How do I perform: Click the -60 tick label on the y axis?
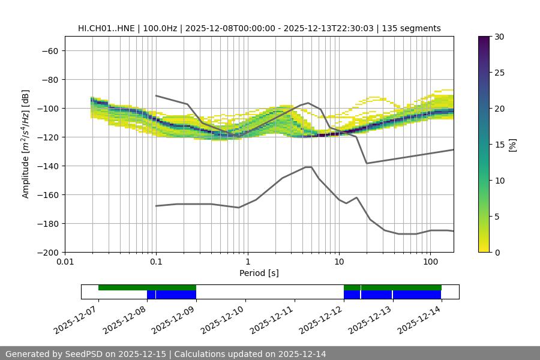pos(49,51)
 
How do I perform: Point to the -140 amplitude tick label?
pos(47,166)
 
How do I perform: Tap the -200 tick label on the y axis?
pos(47,253)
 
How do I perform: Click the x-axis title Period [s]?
pos(259,274)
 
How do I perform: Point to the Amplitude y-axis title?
pos(26,144)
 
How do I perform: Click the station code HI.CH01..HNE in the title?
pos(106,28)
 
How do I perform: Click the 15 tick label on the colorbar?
pos(498,145)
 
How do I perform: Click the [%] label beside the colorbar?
pos(512,145)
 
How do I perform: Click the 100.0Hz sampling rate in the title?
pos(161,28)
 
